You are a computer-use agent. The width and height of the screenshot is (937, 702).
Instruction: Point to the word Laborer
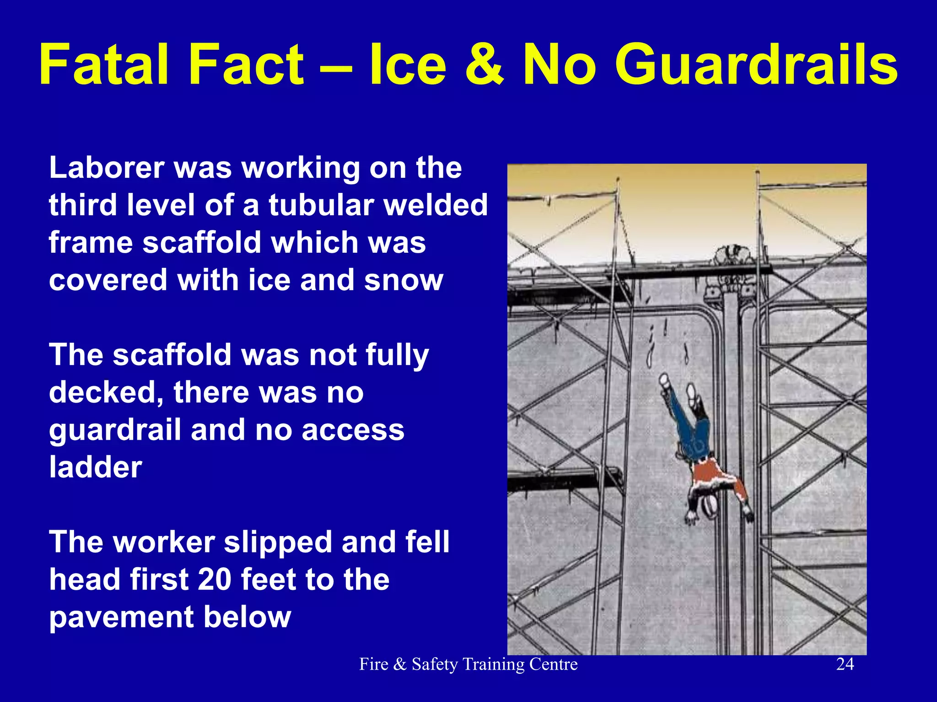pos(106,168)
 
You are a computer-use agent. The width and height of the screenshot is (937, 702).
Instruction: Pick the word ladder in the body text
pos(96,467)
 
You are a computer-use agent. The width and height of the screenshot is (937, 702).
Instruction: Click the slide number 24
pos(845,664)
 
